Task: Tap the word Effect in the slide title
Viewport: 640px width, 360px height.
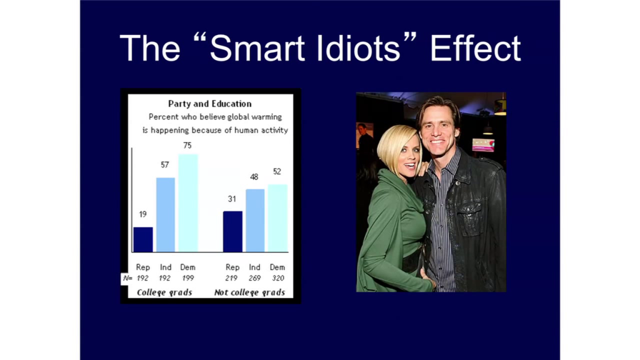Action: point(476,48)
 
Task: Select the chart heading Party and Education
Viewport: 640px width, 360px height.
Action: point(210,104)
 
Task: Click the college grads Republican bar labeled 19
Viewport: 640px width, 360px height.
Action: point(143,239)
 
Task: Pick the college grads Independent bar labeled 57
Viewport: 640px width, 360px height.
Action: point(165,215)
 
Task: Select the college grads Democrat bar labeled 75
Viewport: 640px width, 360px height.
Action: point(187,203)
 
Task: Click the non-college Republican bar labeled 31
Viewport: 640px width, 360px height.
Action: point(232,231)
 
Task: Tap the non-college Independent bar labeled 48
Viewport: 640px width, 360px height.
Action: point(255,221)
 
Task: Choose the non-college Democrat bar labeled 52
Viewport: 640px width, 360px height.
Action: point(277,218)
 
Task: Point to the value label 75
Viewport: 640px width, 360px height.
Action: point(187,145)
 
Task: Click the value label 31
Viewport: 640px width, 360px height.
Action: point(232,199)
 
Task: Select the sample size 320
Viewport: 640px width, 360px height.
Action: point(278,278)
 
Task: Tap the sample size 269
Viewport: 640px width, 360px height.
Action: point(255,278)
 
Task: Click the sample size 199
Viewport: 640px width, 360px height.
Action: point(187,278)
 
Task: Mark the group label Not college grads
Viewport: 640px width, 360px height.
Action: point(249,292)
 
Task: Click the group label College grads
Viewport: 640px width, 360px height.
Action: point(164,292)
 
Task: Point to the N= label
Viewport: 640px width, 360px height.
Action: point(127,278)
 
